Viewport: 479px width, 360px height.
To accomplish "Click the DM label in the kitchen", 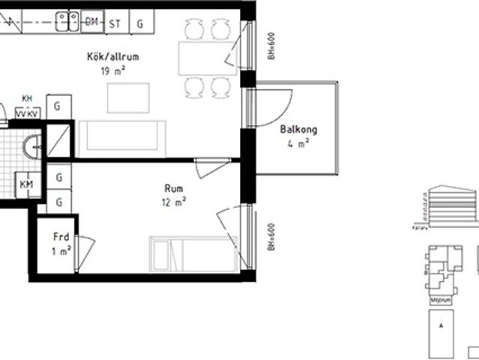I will pyautogui.click(x=92, y=22).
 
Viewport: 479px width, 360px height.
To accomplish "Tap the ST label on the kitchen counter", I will pyautogui.click(x=115, y=23).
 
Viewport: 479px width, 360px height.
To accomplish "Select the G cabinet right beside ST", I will pyautogui.click(x=140, y=23).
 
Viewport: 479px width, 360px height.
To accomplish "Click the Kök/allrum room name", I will pyautogui.click(x=113, y=57).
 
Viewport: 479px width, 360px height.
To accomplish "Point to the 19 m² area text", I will pyautogui.click(x=113, y=71).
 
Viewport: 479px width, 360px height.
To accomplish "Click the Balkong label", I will pyautogui.click(x=298, y=130).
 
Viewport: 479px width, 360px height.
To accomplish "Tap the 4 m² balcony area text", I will pyautogui.click(x=298, y=143).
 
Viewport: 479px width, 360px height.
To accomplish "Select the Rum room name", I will pyautogui.click(x=173, y=189).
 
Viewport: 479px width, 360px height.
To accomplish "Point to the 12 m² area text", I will pyautogui.click(x=173, y=202).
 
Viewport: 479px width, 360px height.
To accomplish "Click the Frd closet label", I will pyautogui.click(x=61, y=237).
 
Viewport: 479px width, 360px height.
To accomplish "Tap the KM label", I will pyautogui.click(x=26, y=184).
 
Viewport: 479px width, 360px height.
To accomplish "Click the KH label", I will pyautogui.click(x=27, y=99).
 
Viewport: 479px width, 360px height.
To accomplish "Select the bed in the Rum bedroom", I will pyautogui.click(x=194, y=255).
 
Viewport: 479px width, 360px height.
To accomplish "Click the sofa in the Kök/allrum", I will pyautogui.click(x=122, y=137).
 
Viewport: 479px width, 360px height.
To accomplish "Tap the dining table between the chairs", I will pyautogui.click(x=207, y=58).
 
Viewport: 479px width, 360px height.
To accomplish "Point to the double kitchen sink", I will pyautogui.click(x=66, y=22).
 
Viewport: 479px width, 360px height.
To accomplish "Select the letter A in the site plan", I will pyautogui.click(x=442, y=325).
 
